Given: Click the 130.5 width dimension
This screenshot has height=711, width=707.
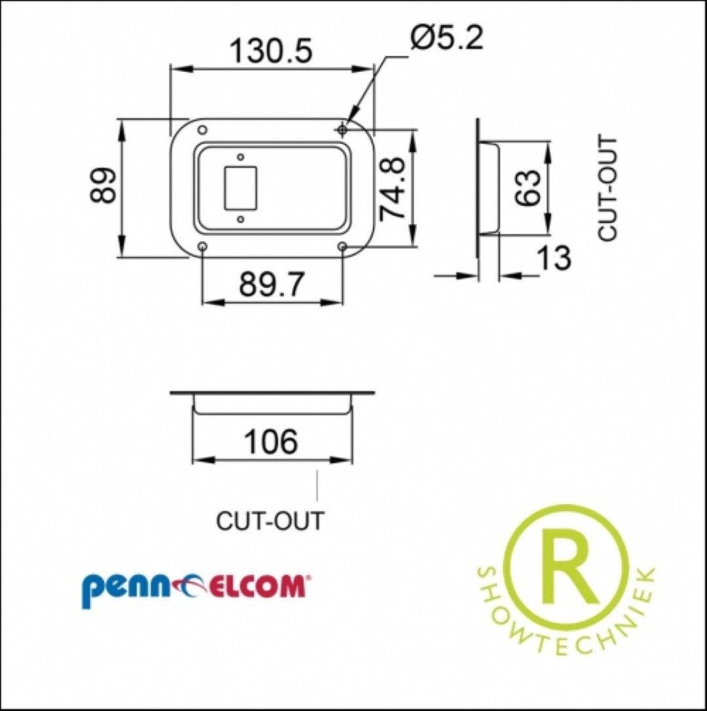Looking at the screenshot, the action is pos(272,50).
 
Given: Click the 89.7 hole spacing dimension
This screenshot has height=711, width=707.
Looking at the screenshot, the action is pos(272,284).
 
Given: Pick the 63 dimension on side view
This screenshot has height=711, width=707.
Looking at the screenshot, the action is pos(529,188).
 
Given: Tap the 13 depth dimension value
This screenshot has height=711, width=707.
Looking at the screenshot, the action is pos(554,257).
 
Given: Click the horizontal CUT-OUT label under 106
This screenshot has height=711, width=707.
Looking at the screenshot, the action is pos(270,521).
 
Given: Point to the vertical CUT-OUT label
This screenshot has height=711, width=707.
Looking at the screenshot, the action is pos(607,188).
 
